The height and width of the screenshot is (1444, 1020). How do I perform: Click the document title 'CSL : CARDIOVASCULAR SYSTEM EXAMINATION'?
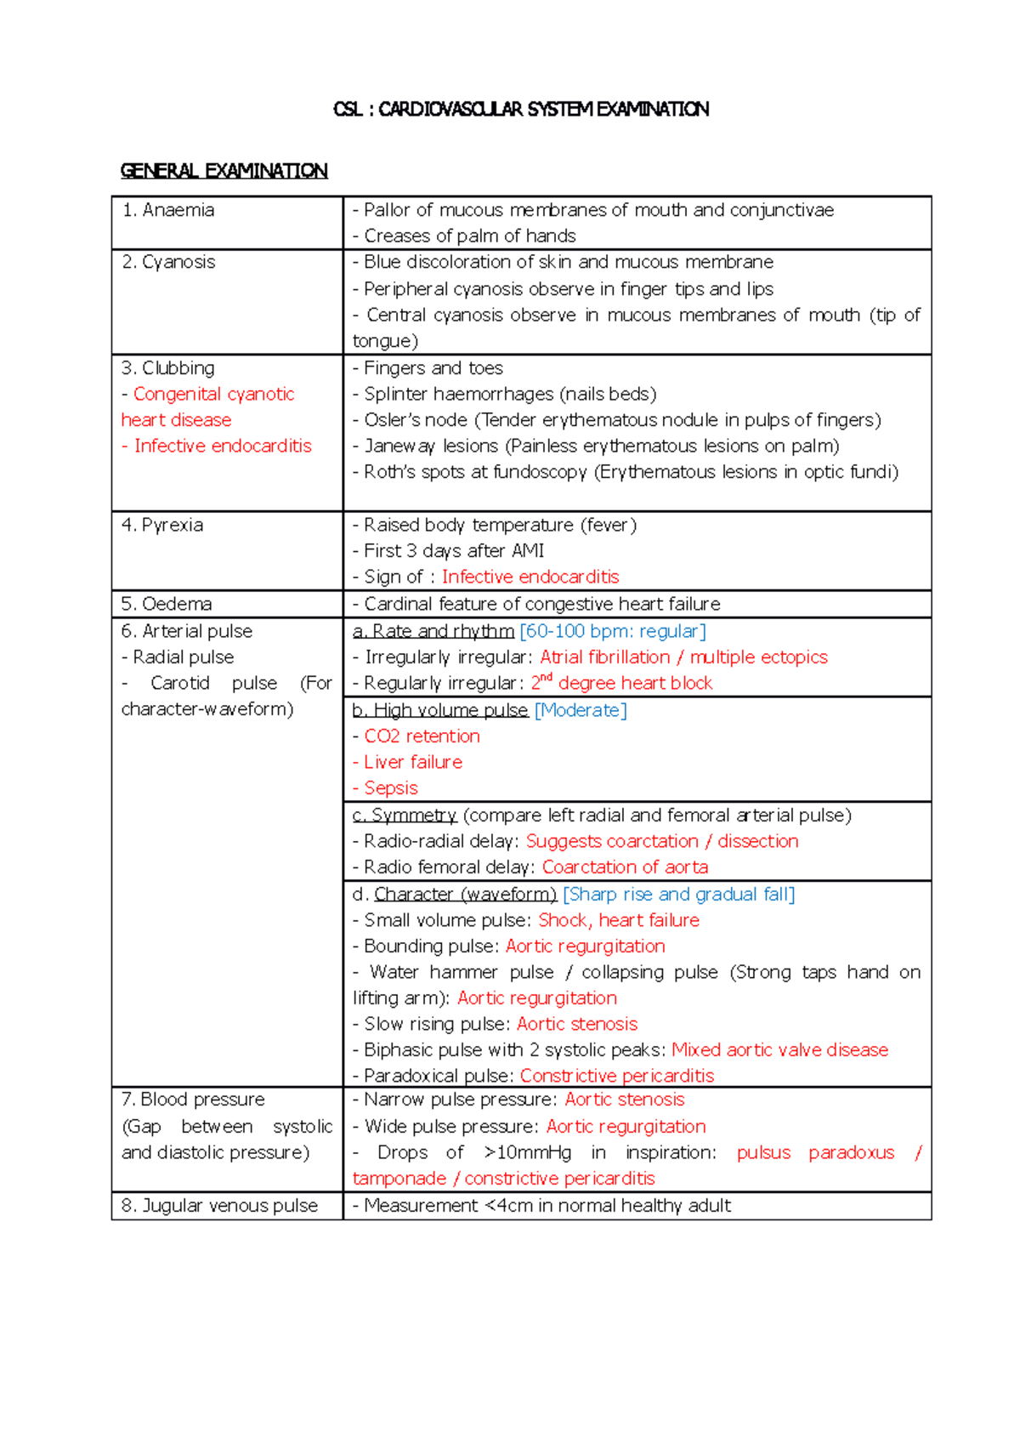[x=521, y=109]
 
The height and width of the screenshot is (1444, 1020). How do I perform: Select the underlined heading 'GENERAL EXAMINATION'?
[x=224, y=171]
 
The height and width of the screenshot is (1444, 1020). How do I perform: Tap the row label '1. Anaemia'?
[x=168, y=210]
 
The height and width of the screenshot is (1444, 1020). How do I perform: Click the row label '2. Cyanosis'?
[x=168, y=262]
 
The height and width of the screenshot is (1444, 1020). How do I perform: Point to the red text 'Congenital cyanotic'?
[x=213, y=395]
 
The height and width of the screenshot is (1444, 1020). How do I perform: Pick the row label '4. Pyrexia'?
[x=162, y=525]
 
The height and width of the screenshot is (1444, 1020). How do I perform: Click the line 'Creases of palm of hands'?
[x=469, y=236]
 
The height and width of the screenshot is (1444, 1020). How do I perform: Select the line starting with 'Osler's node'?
[x=622, y=420]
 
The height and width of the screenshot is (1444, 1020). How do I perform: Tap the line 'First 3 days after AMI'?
[x=454, y=551]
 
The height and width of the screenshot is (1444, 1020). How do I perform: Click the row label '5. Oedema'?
[x=167, y=604]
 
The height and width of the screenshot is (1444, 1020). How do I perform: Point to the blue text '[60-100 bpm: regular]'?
[x=613, y=631]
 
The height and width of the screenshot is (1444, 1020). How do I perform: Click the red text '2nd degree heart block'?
[x=622, y=683]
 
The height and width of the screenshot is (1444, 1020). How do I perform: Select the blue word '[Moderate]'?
[x=581, y=710]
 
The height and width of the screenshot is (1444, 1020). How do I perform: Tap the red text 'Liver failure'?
[x=413, y=762]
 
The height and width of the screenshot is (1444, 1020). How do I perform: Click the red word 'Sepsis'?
[x=391, y=788]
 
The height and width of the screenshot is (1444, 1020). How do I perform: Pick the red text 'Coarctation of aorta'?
[x=625, y=867]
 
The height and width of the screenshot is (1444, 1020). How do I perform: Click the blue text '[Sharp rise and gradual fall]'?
[x=678, y=895]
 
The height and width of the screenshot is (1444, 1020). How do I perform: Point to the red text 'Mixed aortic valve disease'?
[x=779, y=1050]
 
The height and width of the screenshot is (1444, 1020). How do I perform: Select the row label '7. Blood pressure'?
[x=194, y=1100]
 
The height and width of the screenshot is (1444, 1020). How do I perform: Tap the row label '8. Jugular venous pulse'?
[x=219, y=1206]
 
